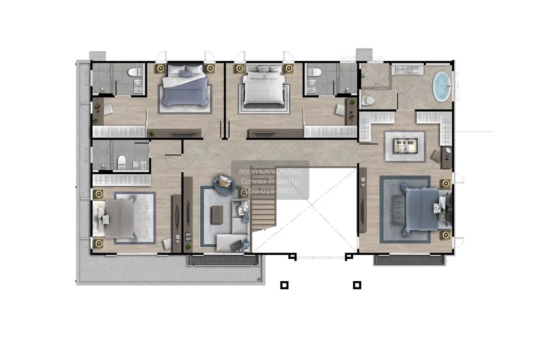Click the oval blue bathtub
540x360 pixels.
click(x=441, y=86)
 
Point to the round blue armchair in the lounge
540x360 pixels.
click(x=224, y=184)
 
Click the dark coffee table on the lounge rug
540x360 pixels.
click(x=217, y=215)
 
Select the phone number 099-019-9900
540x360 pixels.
click(x=270, y=191)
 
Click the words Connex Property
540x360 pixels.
click(x=270, y=181)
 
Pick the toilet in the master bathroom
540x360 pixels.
click(x=368, y=100)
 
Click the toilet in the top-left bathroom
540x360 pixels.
click(x=136, y=72)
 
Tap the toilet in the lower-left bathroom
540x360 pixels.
click(x=122, y=162)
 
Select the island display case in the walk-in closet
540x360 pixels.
click(x=405, y=146)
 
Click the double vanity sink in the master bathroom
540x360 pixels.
click(x=407, y=70)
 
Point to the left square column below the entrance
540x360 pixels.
click(x=284, y=285)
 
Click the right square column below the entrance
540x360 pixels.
click(x=357, y=285)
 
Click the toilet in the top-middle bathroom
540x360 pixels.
click(x=315, y=72)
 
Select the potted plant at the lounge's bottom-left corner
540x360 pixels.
click(x=188, y=247)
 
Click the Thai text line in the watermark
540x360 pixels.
click(x=270, y=172)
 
